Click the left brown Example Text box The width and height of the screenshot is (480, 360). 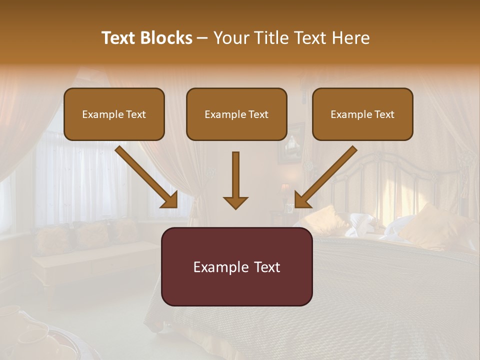click(114, 114)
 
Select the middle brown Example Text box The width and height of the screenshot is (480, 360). click(236, 114)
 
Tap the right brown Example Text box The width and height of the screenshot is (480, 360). click(362, 114)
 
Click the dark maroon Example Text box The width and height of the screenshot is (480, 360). click(236, 266)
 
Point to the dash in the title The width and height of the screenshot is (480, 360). click(202, 38)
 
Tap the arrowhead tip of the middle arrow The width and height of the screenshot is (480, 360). click(235, 207)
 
